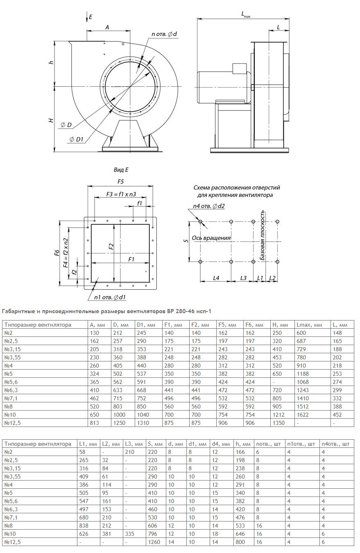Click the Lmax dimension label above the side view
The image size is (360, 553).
[246, 15]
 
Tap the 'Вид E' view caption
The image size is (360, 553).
[121, 169]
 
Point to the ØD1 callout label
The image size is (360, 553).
[77, 140]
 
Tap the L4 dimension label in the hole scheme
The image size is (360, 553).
[216, 278]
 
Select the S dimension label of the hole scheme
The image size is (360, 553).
[186, 241]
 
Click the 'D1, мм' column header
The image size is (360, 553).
[146, 325]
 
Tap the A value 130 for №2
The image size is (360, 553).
[94, 333]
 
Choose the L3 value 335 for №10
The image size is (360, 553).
[129, 534]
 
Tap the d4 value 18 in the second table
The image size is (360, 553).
[215, 534]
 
